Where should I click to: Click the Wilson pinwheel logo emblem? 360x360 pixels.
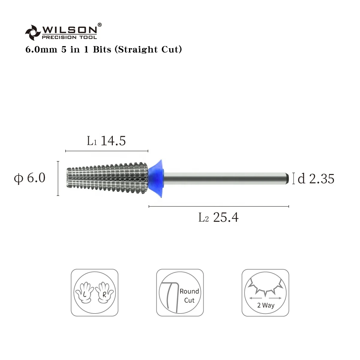click(32, 32)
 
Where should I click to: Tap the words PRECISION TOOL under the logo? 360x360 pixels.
click(69, 37)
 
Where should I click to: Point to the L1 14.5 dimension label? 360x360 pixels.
click(106, 141)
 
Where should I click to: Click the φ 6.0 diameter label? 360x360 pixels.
click(30, 178)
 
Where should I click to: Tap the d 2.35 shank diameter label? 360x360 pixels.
click(316, 179)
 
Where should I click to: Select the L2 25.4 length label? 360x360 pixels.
click(218, 217)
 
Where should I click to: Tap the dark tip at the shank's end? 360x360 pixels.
click(287, 178)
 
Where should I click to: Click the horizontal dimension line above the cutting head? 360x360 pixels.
click(107, 151)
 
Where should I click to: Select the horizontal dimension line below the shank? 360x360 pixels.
click(218, 206)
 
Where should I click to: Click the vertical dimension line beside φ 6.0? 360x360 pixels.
click(58, 178)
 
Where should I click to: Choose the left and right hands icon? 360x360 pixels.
click(94, 292)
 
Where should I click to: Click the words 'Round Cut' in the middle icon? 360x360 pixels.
click(189, 295)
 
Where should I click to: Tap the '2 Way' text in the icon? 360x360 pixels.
click(265, 305)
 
